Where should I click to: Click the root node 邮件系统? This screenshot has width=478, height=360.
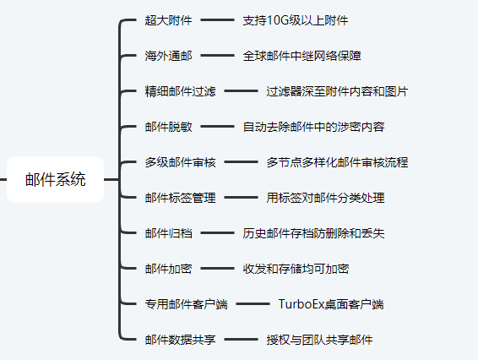(55, 179)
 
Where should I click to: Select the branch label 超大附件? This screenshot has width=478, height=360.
(168, 20)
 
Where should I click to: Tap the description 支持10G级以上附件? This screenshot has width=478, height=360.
(296, 20)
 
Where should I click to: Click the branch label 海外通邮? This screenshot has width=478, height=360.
(168, 56)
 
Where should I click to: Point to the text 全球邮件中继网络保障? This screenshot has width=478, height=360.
(301, 56)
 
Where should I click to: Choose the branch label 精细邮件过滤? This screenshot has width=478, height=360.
(180, 91)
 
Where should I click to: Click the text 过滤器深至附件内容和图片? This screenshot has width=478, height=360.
(337, 91)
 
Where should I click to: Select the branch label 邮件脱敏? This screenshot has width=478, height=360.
(168, 127)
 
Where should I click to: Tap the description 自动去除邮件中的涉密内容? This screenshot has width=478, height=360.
(313, 127)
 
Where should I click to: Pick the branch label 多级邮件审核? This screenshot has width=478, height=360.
(180, 162)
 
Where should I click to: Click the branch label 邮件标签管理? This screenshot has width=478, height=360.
(180, 198)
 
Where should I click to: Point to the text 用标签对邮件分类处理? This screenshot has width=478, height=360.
(325, 198)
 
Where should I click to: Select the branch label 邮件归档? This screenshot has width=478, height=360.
(168, 233)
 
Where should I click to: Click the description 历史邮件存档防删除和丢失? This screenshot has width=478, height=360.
(313, 233)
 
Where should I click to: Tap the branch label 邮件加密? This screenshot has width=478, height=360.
(168, 269)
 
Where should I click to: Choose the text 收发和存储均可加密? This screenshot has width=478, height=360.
(296, 269)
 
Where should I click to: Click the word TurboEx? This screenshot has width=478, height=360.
(301, 304)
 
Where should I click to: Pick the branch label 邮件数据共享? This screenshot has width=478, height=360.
(180, 340)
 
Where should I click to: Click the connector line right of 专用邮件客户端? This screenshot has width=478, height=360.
(253, 304)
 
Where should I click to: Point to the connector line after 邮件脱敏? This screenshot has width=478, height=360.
(217, 126)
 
